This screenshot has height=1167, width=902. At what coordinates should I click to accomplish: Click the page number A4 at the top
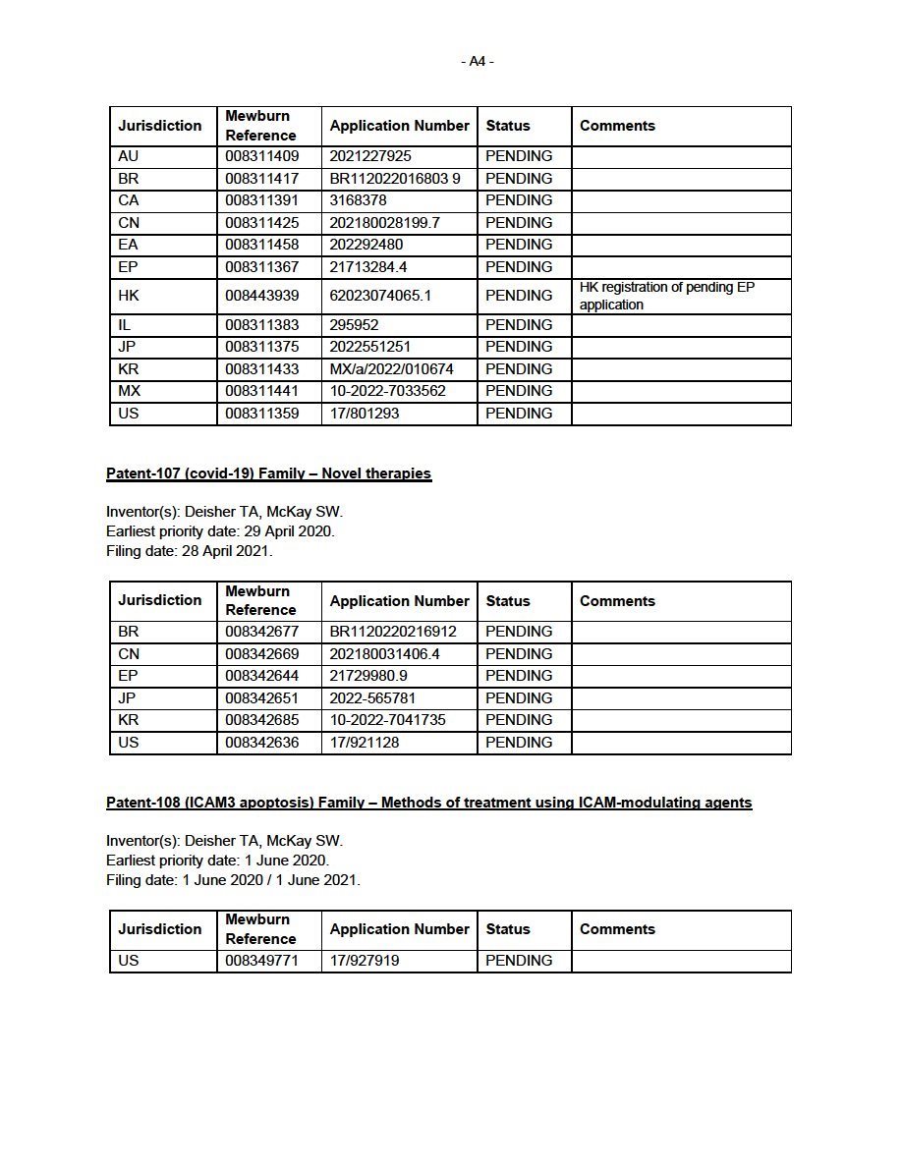pos(477,61)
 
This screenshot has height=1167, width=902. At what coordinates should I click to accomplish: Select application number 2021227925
pos(370,156)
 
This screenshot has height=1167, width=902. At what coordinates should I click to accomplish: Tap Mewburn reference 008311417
pos(261,179)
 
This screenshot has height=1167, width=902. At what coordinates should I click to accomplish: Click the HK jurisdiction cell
pos(129,296)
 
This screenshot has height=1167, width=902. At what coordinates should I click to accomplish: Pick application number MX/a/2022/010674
pos(392,369)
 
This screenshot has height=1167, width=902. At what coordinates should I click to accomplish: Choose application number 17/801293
pos(365,414)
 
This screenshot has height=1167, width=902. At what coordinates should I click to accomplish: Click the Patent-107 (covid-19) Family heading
pos(268,473)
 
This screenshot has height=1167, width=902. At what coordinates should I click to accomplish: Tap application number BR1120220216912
pos(393,632)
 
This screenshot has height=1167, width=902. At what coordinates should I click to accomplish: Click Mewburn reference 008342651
pos(261,698)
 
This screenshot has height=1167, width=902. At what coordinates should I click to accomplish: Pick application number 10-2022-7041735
pos(387,720)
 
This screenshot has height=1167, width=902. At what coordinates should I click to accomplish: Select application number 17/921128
pos(365,743)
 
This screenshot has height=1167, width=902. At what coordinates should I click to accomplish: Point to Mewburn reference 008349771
pos(261,961)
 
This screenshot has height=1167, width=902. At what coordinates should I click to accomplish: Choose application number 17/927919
pos(365,961)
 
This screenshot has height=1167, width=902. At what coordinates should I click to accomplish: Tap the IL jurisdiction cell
pos(125,325)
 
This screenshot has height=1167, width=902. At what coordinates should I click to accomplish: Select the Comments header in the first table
pos(617,126)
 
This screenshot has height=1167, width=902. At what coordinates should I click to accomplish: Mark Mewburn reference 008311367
pos(261,267)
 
